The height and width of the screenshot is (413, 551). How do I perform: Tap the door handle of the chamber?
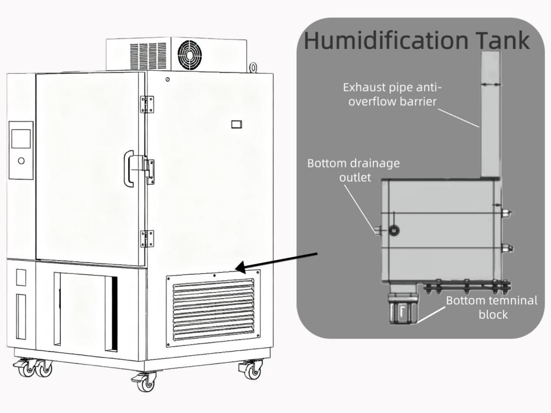click(129, 169)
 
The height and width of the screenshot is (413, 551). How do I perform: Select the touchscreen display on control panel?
click(21, 139)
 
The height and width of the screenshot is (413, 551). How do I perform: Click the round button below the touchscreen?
click(21, 161)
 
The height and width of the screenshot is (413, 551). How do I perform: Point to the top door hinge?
click(147, 104)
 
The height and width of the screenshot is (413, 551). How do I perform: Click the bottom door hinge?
click(147, 239)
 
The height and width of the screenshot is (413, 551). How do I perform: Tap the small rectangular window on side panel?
click(236, 124)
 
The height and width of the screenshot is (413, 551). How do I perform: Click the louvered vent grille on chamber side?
click(213, 309)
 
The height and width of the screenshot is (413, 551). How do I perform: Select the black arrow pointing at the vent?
click(276, 262)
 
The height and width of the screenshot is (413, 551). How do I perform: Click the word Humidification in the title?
click(386, 40)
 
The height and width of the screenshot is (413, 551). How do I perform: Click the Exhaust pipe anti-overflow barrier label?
click(392, 94)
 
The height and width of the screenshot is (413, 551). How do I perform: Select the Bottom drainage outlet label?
click(354, 170)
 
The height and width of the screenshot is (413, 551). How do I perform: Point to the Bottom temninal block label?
click(492, 307)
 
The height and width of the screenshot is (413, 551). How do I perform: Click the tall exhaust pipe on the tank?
click(491, 114)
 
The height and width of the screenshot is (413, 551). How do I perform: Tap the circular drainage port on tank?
click(394, 230)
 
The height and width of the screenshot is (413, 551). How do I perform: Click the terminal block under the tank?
click(403, 304)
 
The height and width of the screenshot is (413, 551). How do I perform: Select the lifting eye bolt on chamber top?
click(253, 68)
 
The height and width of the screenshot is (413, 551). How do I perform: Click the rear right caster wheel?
click(252, 370)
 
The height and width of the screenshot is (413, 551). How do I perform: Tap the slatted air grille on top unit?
click(148, 56)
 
